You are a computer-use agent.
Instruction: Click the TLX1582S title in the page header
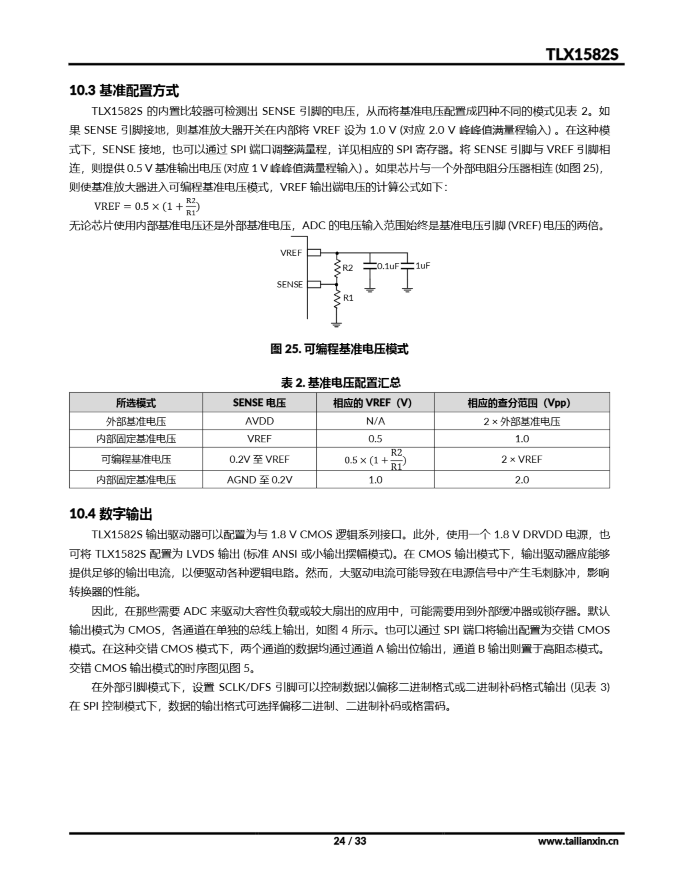(582, 54)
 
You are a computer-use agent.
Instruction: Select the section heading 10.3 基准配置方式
(124, 91)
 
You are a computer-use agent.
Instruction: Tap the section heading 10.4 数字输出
(111, 514)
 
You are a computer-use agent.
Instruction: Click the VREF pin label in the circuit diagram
(291, 253)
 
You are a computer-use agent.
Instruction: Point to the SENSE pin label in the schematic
(289, 285)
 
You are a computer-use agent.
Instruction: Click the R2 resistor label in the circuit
(347, 267)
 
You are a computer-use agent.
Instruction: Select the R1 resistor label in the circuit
(348, 298)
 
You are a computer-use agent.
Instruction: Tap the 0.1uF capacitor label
(388, 266)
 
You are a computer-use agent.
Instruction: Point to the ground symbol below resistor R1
(336, 324)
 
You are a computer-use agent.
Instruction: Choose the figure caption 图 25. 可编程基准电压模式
(339, 349)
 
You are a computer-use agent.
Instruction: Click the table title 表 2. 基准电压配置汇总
(341, 383)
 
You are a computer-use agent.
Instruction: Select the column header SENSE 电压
(259, 403)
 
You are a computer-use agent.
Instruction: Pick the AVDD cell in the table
(259, 421)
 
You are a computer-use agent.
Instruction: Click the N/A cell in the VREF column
(375, 421)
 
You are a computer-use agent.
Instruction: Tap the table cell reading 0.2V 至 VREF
(259, 459)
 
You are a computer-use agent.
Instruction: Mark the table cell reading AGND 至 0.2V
(259, 480)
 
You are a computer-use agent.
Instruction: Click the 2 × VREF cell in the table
(522, 459)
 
